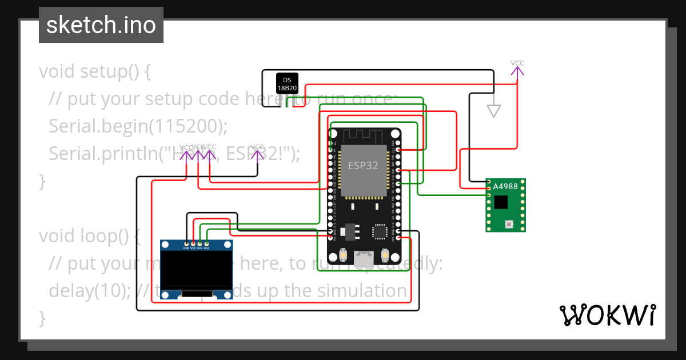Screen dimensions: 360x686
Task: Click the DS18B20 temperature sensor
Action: coord(286,83)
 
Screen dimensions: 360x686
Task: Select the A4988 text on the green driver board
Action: coord(505,186)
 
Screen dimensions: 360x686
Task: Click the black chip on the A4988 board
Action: coord(501,202)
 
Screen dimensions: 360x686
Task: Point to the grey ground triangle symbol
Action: coord(493,111)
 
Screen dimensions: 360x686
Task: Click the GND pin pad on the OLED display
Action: coord(186,243)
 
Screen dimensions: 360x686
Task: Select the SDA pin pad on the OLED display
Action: coord(206,243)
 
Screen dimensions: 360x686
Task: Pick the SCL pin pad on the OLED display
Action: coord(200,243)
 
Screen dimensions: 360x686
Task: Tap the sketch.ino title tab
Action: coord(101,25)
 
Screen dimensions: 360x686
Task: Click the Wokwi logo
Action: coord(607,315)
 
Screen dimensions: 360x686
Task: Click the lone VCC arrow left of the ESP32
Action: coord(258,153)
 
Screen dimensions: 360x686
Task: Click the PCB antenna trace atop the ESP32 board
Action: coord(364,135)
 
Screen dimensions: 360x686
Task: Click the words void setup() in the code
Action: coord(89,71)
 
